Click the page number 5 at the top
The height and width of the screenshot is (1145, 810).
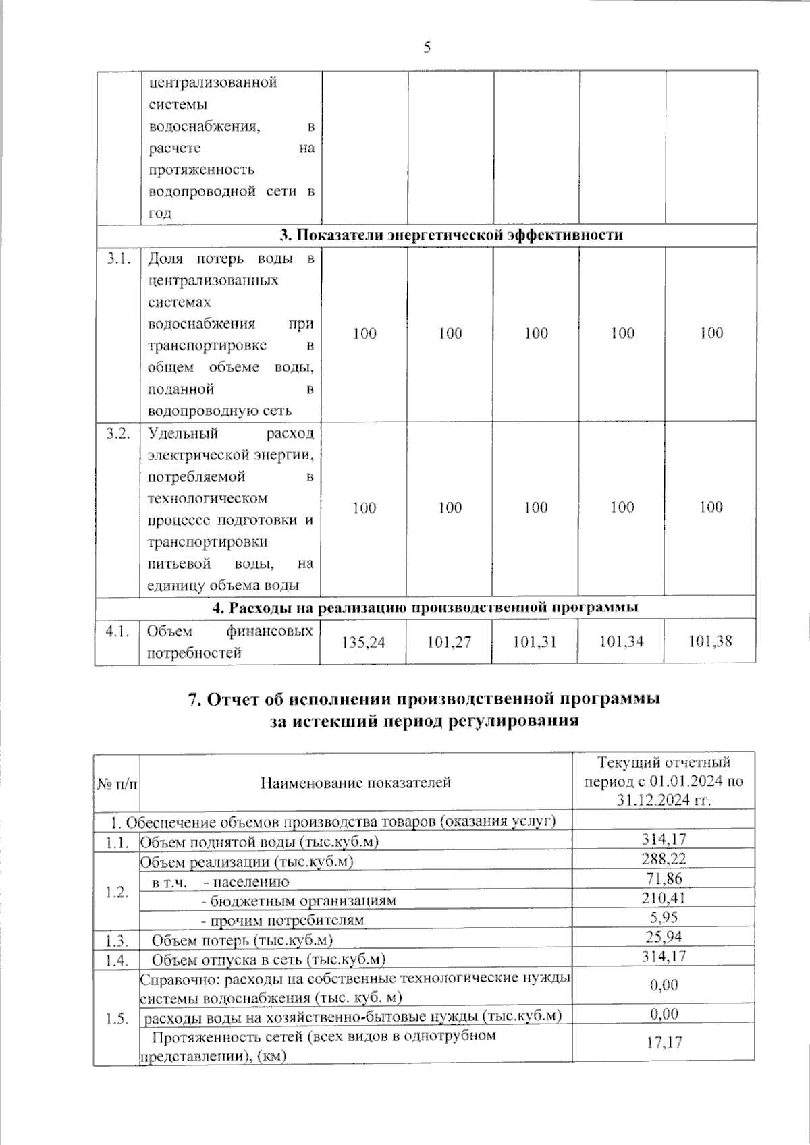[x=426, y=47]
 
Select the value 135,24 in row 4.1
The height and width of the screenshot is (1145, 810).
[x=364, y=641]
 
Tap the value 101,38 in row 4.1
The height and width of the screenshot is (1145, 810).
[x=710, y=641]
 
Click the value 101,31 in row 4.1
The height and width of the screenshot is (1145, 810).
[x=535, y=641]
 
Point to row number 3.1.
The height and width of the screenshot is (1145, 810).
[x=117, y=258]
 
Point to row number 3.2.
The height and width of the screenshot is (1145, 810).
[x=117, y=433]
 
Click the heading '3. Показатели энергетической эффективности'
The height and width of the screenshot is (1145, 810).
[x=451, y=235]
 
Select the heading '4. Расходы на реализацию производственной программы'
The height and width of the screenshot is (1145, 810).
[x=425, y=607]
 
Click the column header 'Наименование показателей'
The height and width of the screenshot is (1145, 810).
[x=356, y=783]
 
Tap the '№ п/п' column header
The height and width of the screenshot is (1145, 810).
[x=117, y=783]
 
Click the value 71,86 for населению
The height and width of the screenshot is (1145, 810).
[x=664, y=878]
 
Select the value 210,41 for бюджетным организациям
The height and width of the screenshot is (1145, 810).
[x=664, y=897]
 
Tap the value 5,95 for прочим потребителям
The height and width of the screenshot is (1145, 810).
[x=664, y=917]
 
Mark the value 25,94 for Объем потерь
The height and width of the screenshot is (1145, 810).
[x=664, y=937]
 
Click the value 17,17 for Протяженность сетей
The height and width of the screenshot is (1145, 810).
[x=664, y=1042]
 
